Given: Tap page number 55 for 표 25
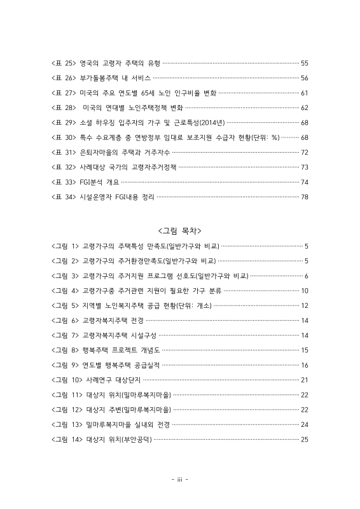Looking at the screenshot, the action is [304, 63].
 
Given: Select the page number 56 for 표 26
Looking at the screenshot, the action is [304, 78].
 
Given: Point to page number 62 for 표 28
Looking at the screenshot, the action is [304, 108].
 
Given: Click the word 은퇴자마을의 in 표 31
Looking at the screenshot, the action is [97, 152].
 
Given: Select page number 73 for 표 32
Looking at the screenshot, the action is [304, 167].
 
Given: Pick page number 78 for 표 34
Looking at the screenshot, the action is [304, 197].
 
